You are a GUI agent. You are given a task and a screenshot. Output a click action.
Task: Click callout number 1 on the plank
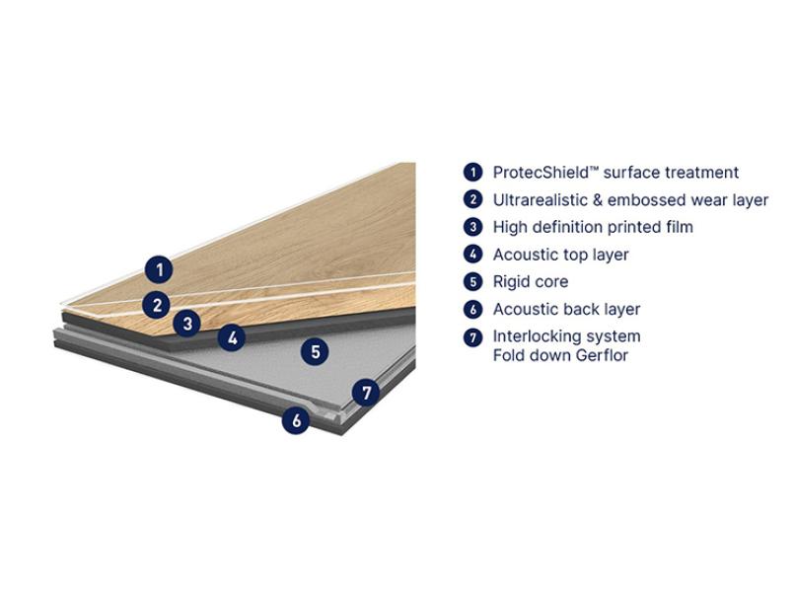pos(159,269)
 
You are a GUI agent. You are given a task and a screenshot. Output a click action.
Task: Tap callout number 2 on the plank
pos(157,304)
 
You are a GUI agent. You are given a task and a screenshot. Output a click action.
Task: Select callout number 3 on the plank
pos(186,323)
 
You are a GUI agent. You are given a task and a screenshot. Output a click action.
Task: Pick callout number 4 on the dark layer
pos(232,336)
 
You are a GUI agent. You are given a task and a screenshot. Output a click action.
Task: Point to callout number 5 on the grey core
pos(315,351)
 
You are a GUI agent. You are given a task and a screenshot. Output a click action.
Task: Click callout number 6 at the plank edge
pos(296,419)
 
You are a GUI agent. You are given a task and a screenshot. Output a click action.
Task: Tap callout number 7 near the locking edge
pos(366,392)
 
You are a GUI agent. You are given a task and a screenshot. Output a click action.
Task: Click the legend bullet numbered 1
pos(472,173)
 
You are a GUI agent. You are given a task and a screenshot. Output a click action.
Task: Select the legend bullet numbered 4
pos(472,255)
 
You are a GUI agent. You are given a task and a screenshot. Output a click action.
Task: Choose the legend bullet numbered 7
pos(472,336)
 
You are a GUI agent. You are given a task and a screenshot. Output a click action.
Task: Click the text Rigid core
pos(531,281)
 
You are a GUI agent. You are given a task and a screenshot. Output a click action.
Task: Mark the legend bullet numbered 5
pos(472,281)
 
